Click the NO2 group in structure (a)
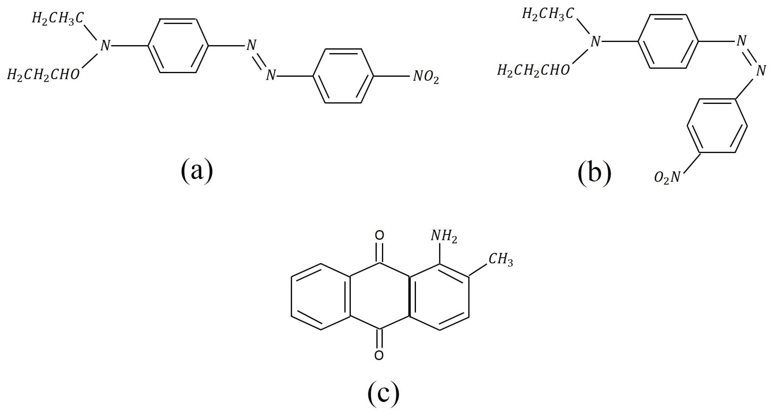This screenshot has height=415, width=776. click(x=426, y=77)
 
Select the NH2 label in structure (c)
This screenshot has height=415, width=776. click(x=444, y=236)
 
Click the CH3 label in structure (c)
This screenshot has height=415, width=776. click(x=501, y=259)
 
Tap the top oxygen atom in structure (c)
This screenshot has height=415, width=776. click(x=379, y=235)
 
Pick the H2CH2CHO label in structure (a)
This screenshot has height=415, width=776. click(x=43, y=75)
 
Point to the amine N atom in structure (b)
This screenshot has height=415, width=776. click(x=595, y=42)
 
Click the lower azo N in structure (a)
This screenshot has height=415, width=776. click(x=270, y=75)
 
